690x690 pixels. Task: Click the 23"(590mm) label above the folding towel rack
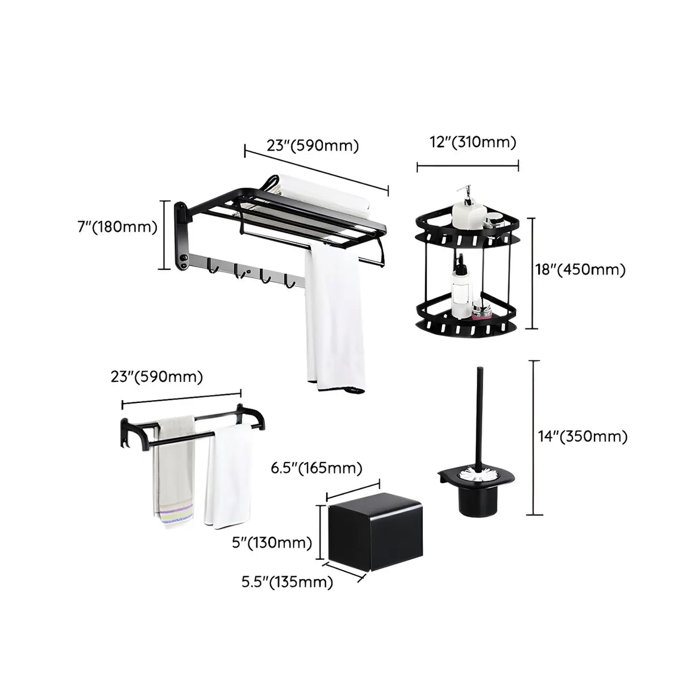point(313,146)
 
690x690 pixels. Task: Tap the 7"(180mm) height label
point(117,227)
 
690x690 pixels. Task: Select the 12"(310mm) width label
point(473,142)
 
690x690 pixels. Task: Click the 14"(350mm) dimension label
point(583,437)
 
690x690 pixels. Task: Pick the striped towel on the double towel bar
point(173,472)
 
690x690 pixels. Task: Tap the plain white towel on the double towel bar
point(230,477)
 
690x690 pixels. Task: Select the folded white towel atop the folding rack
point(324,193)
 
